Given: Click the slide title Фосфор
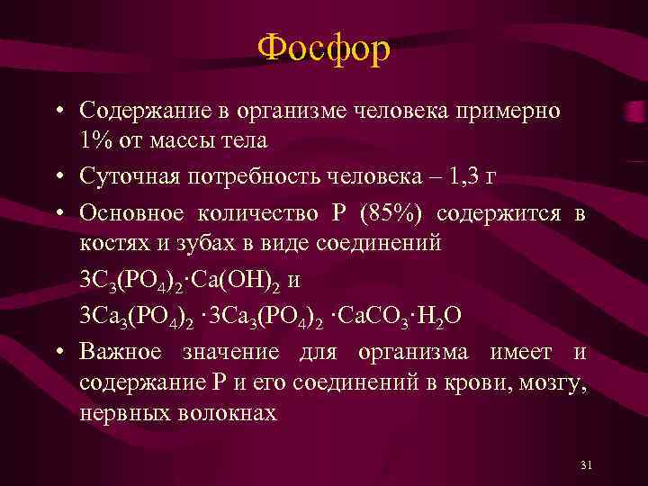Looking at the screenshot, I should pyautogui.click(x=323, y=49).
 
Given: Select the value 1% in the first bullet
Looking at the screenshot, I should pyautogui.click(x=96, y=141).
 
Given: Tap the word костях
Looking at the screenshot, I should pyautogui.click(x=109, y=244).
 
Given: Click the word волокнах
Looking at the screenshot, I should pyautogui.click(x=226, y=412).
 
